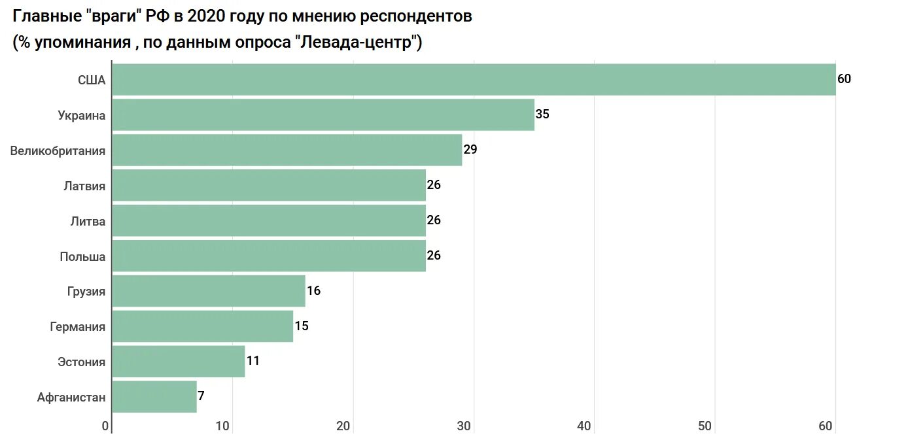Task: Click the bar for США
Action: coord(474,80)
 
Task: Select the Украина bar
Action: coord(323,115)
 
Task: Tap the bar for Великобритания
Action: coord(287,150)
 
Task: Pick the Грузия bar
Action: coord(209,291)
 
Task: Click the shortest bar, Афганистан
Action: coord(154,397)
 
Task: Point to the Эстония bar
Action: coord(179,362)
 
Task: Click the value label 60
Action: coord(844,79)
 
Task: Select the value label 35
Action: coord(542,114)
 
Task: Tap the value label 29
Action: coord(470,150)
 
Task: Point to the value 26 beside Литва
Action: coord(434,220)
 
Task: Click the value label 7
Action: coord(201,396)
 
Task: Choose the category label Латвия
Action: coord(84,186)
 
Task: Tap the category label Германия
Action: coord(77,327)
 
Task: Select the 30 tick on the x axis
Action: coord(464,426)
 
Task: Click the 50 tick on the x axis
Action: coord(705,426)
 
